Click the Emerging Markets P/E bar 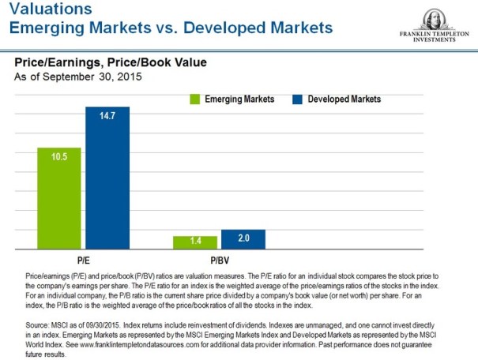click(x=59, y=199)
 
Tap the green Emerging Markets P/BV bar click(x=194, y=242)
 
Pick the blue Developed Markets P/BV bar click(x=243, y=239)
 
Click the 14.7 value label click(x=107, y=116)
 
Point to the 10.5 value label click(x=59, y=156)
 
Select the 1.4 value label click(x=194, y=241)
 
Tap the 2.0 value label click(x=243, y=237)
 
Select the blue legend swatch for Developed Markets click(x=298, y=99)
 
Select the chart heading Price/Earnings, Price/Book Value click(x=111, y=62)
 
